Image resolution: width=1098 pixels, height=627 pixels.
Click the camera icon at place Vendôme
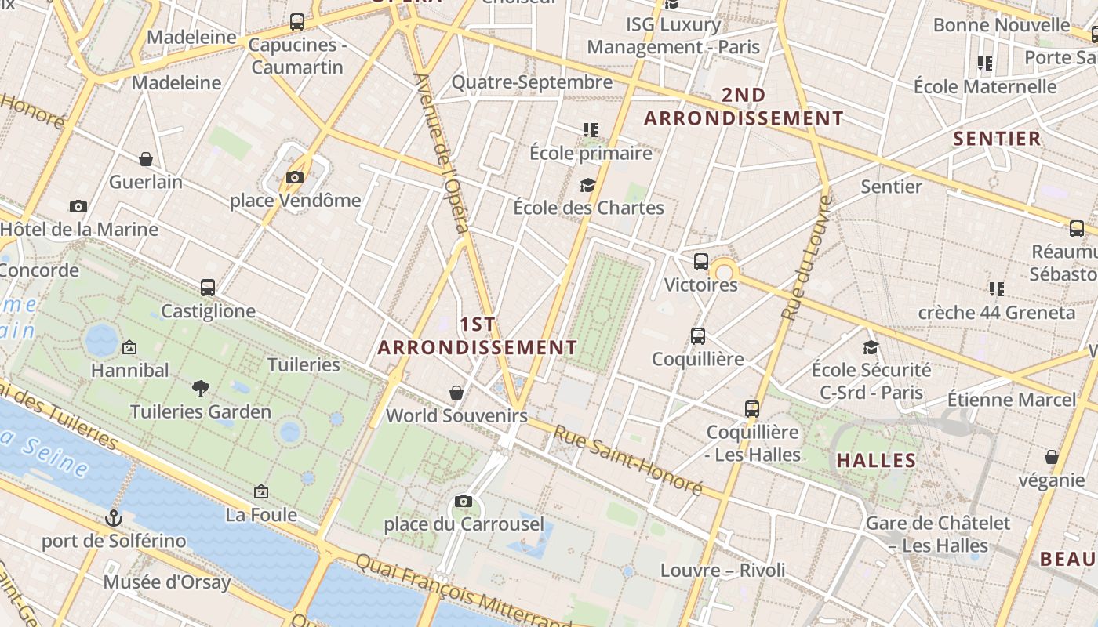pyautogui.click(x=295, y=178)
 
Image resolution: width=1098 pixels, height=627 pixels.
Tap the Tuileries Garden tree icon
pyautogui.click(x=201, y=388)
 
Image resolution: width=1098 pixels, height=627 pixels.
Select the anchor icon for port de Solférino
pyautogui.click(x=115, y=518)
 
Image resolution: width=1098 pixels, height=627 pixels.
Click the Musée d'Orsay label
pyautogui.click(x=167, y=582)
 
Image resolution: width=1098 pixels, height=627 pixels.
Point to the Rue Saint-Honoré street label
pyautogui.click(x=627, y=460)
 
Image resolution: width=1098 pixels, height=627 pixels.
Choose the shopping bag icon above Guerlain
pyautogui.click(x=146, y=159)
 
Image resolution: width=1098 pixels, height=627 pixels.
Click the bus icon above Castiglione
pyautogui.click(x=208, y=288)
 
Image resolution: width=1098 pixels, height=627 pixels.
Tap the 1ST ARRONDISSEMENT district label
pyautogui.click(x=478, y=335)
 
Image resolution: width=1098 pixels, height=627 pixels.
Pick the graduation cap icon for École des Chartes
pyautogui.click(x=587, y=185)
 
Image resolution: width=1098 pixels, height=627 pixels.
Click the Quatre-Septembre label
pyautogui.click(x=532, y=82)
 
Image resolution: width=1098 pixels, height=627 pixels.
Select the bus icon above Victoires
pyautogui.click(x=700, y=262)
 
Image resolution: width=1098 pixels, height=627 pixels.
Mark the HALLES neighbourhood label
pyautogui.click(x=876, y=460)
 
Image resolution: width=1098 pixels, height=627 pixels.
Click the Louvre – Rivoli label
pyautogui.click(x=722, y=570)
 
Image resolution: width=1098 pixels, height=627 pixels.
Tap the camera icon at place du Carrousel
pyautogui.click(x=464, y=501)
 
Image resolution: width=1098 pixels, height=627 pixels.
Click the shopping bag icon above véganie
pyautogui.click(x=1051, y=457)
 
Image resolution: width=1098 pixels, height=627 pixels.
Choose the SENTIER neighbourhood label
pyautogui.click(x=997, y=139)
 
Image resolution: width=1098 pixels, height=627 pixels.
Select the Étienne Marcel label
pyautogui.click(x=1012, y=400)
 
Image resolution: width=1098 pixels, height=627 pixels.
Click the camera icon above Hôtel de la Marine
pyautogui.click(x=78, y=207)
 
